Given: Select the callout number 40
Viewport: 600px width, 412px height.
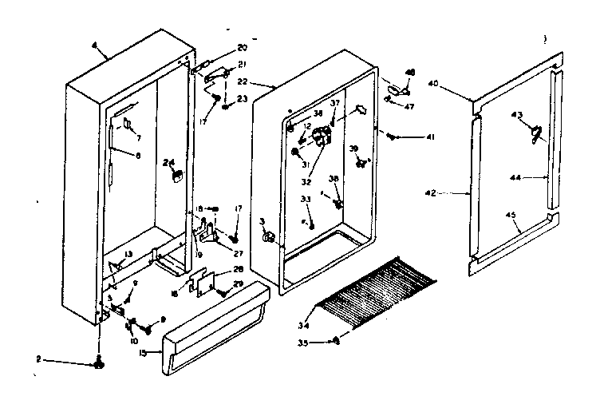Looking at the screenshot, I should pyautogui.click(x=456, y=84).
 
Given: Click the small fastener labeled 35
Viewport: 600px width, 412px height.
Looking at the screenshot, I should pyautogui.click(x=337, y=341).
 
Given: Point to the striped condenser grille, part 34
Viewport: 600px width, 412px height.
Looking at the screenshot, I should pyautogui.click(x=375, y=287).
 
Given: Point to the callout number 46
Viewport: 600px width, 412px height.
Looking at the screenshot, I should pyautogui.click(x=411, y=73).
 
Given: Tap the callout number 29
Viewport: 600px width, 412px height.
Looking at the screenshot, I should pyautogui.click(x=238, y=284).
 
